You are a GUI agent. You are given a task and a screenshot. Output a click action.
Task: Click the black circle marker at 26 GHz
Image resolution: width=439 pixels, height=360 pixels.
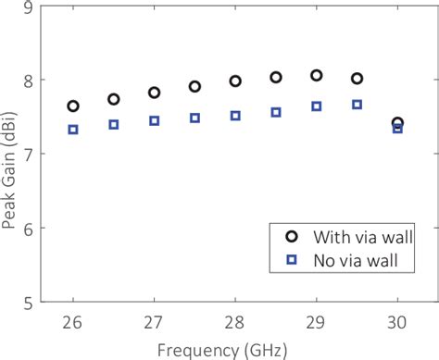[x=73, y=106]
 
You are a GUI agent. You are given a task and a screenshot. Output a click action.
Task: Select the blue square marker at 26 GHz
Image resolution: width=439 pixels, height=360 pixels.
[x=73, y=130]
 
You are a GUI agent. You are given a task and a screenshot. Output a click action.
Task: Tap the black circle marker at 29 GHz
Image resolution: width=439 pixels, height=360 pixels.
[x=317, y=75]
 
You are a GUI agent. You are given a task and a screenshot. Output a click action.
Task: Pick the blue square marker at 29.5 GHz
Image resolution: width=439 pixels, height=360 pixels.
[x=357, y=105]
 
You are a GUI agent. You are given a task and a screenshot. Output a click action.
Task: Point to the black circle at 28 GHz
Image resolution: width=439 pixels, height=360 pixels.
[x=235, y=81]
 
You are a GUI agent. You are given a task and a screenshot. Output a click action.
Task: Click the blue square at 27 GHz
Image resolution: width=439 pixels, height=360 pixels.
[x=155, y=121]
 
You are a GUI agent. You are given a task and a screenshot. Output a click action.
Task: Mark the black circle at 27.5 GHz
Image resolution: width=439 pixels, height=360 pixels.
[x=194, y=86]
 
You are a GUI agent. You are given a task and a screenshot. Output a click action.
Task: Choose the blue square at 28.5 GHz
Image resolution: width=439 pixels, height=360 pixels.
[x=276, y=112]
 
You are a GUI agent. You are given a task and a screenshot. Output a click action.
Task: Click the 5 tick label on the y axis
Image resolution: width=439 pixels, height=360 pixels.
[x=29, y=302]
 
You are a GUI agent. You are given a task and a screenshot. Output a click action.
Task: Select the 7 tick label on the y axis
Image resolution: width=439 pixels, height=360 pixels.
[x=29, y=155]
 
